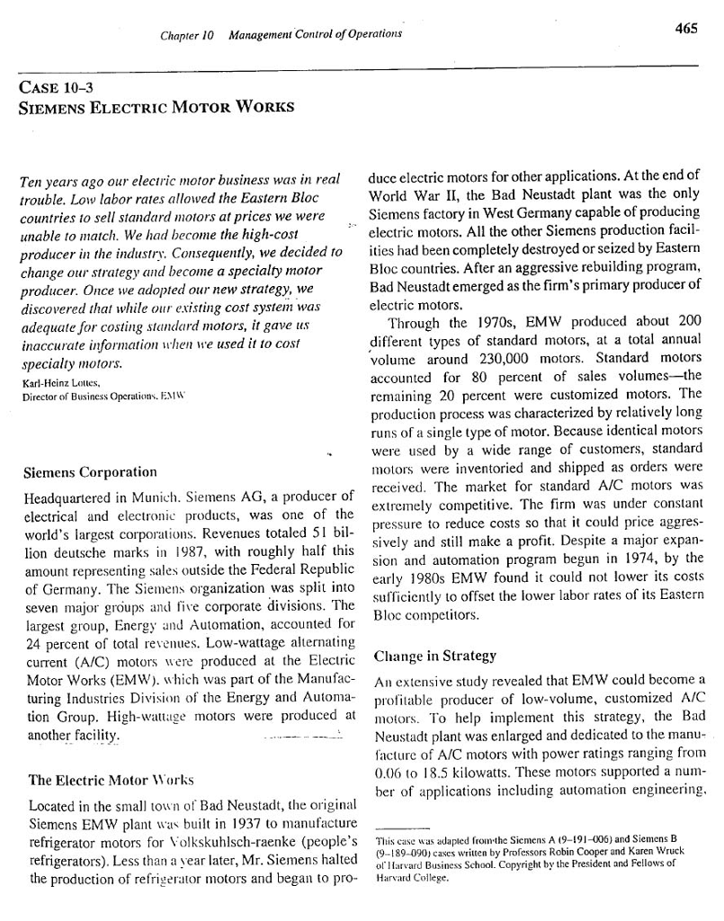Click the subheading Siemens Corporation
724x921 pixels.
pyautogui.click(x=90, y=472)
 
